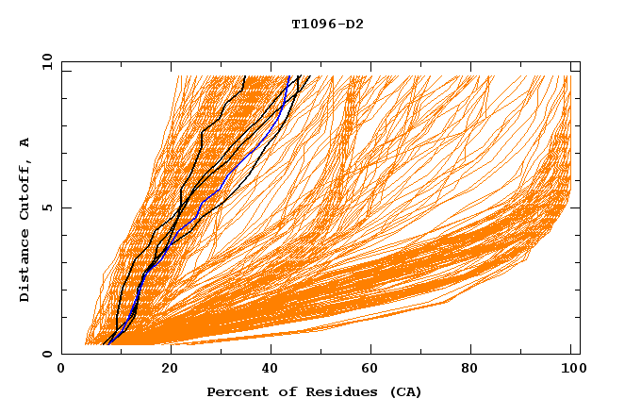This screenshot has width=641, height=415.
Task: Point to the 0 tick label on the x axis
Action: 62,370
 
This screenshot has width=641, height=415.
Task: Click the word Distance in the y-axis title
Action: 25,269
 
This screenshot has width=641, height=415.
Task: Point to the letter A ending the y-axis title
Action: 25,142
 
